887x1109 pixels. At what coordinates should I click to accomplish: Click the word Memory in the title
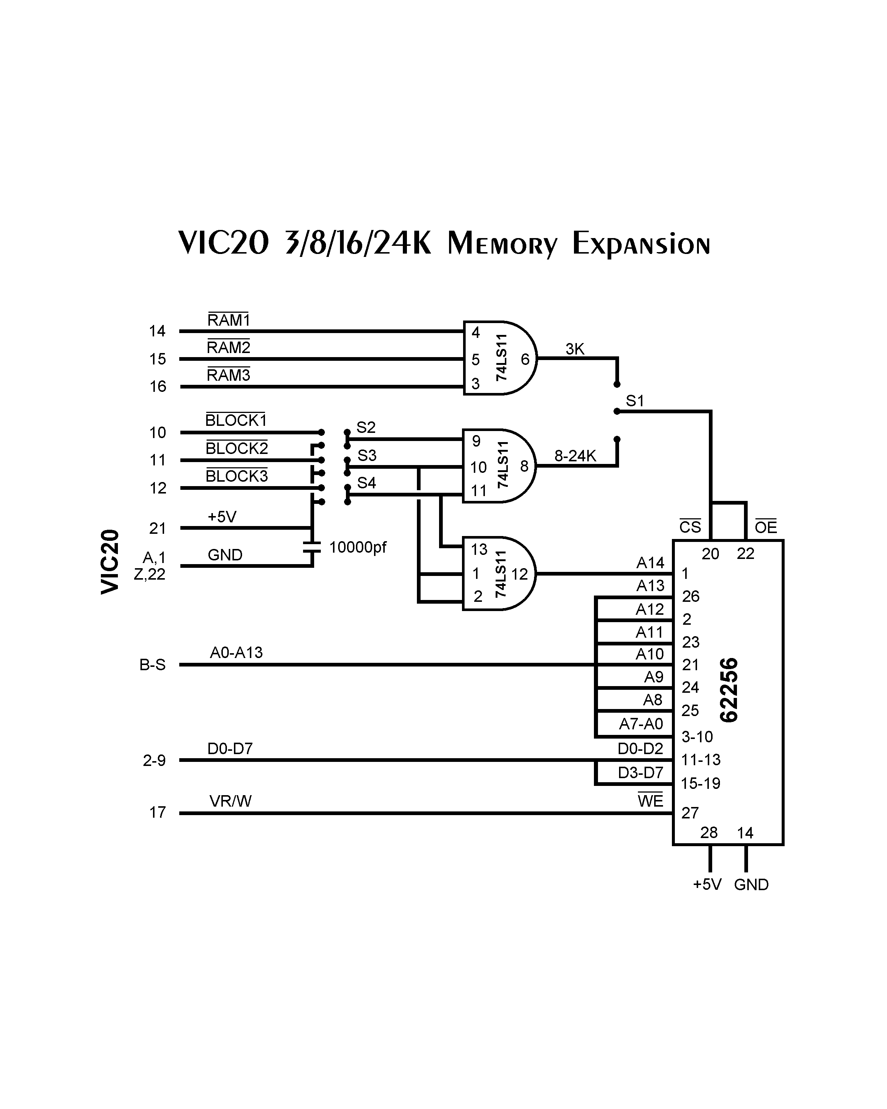tap(502, 244)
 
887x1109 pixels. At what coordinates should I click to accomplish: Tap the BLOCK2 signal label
tap(237, 448)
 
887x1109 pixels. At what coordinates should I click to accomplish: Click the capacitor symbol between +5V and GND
tap(312, 546)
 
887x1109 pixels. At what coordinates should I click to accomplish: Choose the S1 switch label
tap(635, 401)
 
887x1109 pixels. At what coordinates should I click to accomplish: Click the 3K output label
tap(575, 349)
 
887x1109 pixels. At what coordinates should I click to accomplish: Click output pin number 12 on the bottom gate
tap(519, 574)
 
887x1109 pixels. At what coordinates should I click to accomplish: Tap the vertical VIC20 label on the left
tap(111, 562)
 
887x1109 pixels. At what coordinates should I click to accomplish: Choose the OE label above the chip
tap(765, 527)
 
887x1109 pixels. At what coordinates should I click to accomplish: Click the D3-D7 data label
tap(640, 773)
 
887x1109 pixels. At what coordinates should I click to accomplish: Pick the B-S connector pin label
tap(152, 665)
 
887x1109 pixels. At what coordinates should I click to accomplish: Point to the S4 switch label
tap(366, 482)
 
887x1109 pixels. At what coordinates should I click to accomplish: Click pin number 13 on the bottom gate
tap(479, 549)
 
